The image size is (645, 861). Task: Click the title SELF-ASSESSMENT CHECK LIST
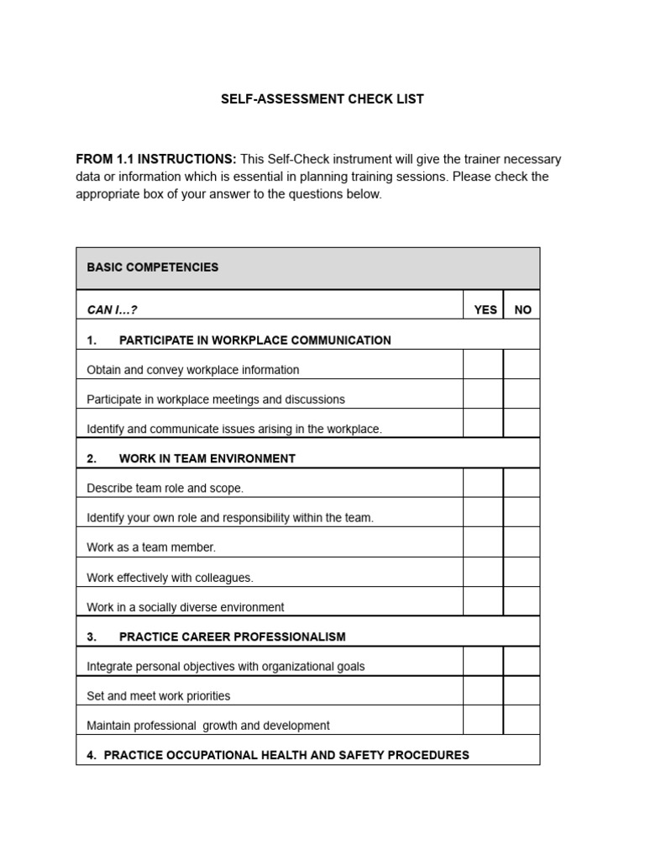coord(322,99)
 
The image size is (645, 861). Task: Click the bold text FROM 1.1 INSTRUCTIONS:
coord(156,159)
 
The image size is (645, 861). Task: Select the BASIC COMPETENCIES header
coord(152,267)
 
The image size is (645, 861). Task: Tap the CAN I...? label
coord(112,309)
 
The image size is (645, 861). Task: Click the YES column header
coord(485,309)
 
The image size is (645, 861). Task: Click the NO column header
coord(522,309)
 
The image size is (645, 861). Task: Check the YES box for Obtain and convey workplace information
coord(483,365)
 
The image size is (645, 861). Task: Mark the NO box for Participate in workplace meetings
coord(522,394)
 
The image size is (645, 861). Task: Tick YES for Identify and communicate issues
coord(483,424)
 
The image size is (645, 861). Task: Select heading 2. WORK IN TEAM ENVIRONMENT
coord(191,458)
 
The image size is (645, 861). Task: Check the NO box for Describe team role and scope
coord(522,483)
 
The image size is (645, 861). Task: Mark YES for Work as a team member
coord(483,542)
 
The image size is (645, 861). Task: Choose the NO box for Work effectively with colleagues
coord(522,573)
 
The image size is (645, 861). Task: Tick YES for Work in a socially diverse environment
coord(483,602)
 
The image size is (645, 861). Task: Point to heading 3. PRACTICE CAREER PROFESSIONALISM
coord(216,637)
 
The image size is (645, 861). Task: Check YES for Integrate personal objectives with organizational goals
coord(483,662)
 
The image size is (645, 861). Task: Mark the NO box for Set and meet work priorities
coord(522,691)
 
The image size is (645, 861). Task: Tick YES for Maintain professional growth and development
coord(483,721)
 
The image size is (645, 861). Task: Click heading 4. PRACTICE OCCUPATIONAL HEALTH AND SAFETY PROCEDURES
coord(277,755)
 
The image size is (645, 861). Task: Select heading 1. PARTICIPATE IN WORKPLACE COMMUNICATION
coord(239,340)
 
